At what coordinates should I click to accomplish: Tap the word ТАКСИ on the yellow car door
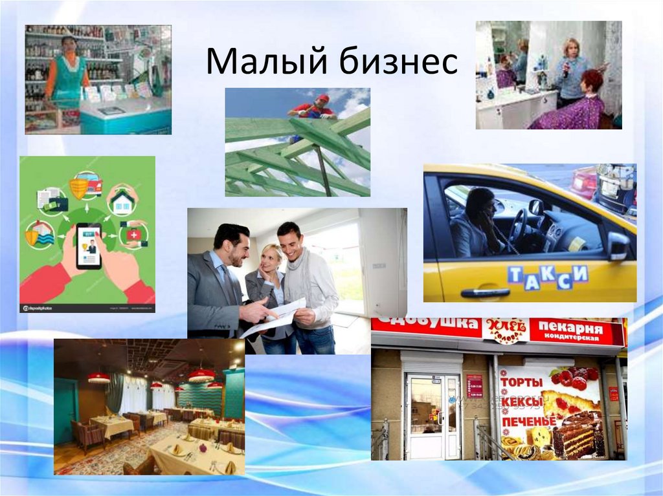tap(548, 275)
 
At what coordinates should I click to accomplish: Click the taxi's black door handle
tap(485, 292)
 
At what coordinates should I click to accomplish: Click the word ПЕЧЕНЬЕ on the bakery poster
tap(528, 422)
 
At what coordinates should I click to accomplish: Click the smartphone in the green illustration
tap(89, 246)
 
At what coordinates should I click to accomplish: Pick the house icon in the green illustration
tap(123, 200)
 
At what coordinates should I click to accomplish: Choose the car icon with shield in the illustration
tap(86, 185)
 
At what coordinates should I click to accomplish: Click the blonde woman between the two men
tap(268, 278)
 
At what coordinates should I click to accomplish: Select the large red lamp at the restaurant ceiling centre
tap(201, 374)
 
